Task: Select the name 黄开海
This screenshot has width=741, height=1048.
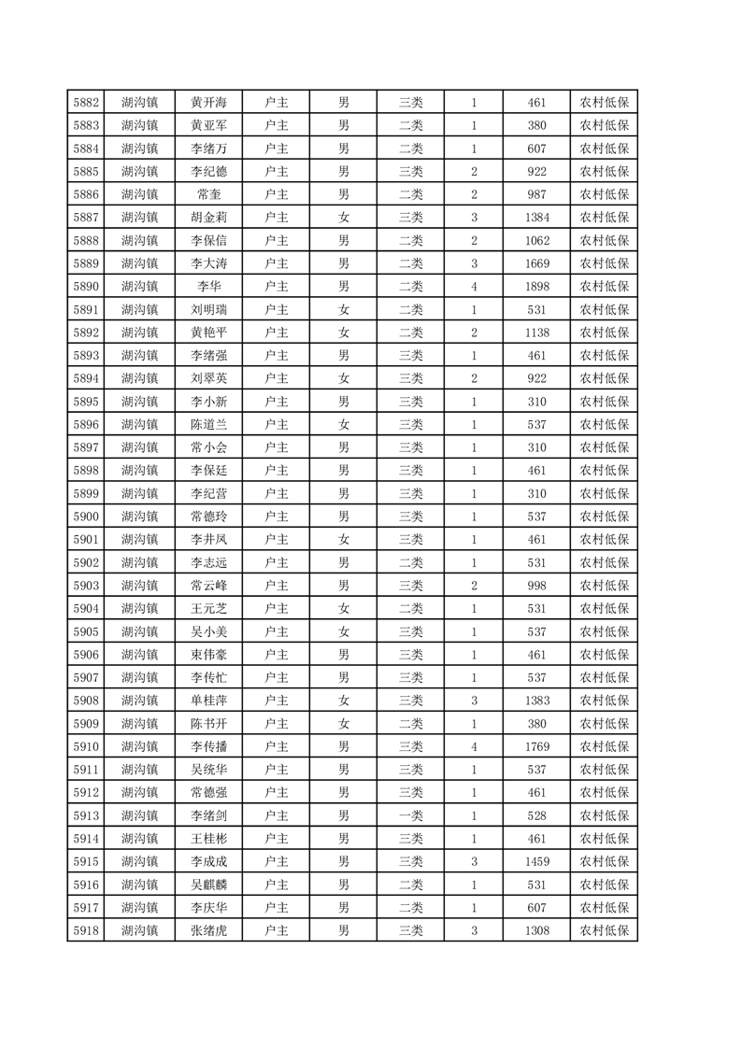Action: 209,103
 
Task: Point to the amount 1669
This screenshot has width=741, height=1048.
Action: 536,263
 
